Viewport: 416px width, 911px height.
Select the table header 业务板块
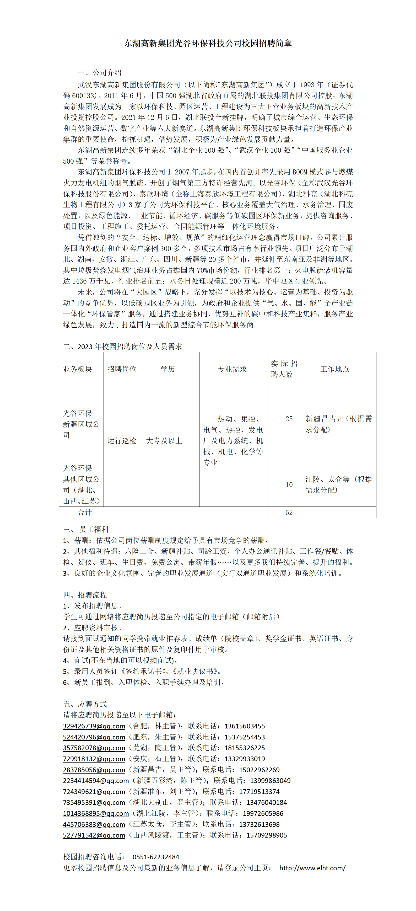tap(77, 369)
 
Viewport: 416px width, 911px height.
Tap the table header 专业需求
tap(232, 369)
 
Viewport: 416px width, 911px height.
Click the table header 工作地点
tap(335, 369)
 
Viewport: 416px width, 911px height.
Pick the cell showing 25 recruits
tap(289, 419)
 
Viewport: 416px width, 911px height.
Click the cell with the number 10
tap(289, 484)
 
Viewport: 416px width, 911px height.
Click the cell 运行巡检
tap(122, 441)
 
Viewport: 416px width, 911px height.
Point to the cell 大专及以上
tap(164, 441)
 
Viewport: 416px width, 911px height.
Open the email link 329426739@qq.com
tap(94, 726)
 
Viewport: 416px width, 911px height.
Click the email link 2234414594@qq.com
tap(96, 781)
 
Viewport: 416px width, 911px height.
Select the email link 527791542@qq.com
tap(94, 835)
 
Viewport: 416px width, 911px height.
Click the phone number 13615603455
tap(245, 726)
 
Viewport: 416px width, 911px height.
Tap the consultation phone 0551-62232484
tap(156, 857)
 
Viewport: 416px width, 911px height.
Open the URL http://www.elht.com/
tap(312, 868)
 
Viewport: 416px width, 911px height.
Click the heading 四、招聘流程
tap(85, 595)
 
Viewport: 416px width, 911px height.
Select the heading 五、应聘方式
tap(85, 704)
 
